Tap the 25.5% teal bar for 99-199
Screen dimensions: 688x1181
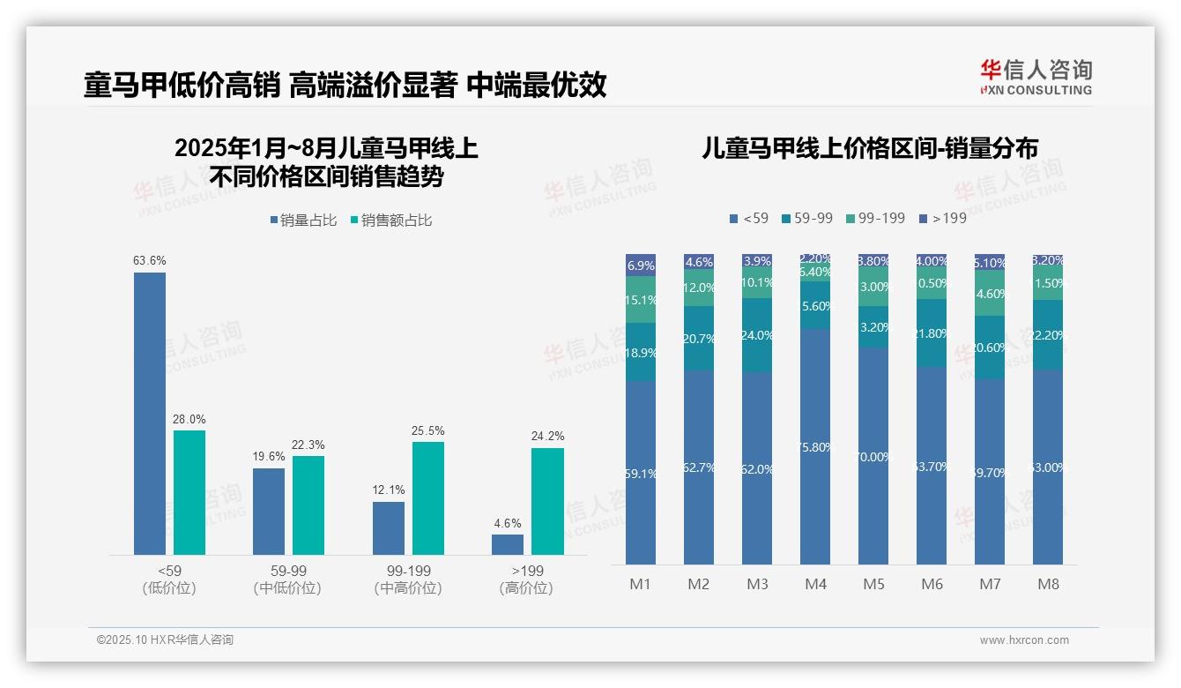(x=428, y=497)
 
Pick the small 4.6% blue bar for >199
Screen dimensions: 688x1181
(x=508, y=544)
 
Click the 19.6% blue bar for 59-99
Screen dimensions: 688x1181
(x=269, y=511)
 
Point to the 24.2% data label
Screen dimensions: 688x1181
(x=548, y=437)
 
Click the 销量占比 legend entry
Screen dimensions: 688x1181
(x=303, y=221)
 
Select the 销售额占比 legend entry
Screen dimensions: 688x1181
(x=391, y=221)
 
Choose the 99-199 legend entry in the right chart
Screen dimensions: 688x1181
(x=875, y=218)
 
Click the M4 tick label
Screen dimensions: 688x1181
(x=815, y=584)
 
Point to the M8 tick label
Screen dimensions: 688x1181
(x=1048, y=584)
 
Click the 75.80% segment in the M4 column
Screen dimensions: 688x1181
(x=815, y=446)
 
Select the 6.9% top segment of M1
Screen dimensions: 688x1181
(x=641, y=265)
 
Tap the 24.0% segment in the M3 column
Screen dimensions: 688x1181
(x=757, y=334)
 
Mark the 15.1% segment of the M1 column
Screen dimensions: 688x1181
(x=641, y=300)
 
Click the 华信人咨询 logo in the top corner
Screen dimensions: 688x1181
(x=1036, y=77)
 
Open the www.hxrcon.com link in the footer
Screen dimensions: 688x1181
(x=1023, y=640)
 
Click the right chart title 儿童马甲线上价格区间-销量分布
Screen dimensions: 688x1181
(x=869, y=147)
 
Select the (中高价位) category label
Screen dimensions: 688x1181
(x=407, y=588)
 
